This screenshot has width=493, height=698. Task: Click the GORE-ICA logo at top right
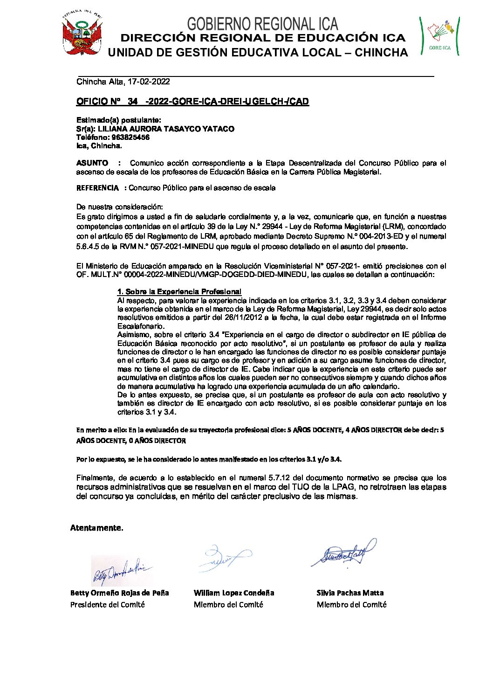[440, 36]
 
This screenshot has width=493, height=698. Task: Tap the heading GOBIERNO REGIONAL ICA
[262, 24]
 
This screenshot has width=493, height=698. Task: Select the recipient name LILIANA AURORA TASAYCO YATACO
[166, 129]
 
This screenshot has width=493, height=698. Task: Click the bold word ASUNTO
[92, 163]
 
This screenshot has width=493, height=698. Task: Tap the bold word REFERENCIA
[97, 188]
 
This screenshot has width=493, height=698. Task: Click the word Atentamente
[96, 528]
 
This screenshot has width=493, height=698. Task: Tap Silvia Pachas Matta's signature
[343, 553]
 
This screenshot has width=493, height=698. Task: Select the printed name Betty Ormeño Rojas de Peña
[119, 593]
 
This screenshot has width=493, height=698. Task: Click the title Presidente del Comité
[107, 605]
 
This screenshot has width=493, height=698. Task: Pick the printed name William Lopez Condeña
[233, 593]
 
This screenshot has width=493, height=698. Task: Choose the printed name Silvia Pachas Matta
[350, 593]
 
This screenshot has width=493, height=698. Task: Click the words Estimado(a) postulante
[118, 120]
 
